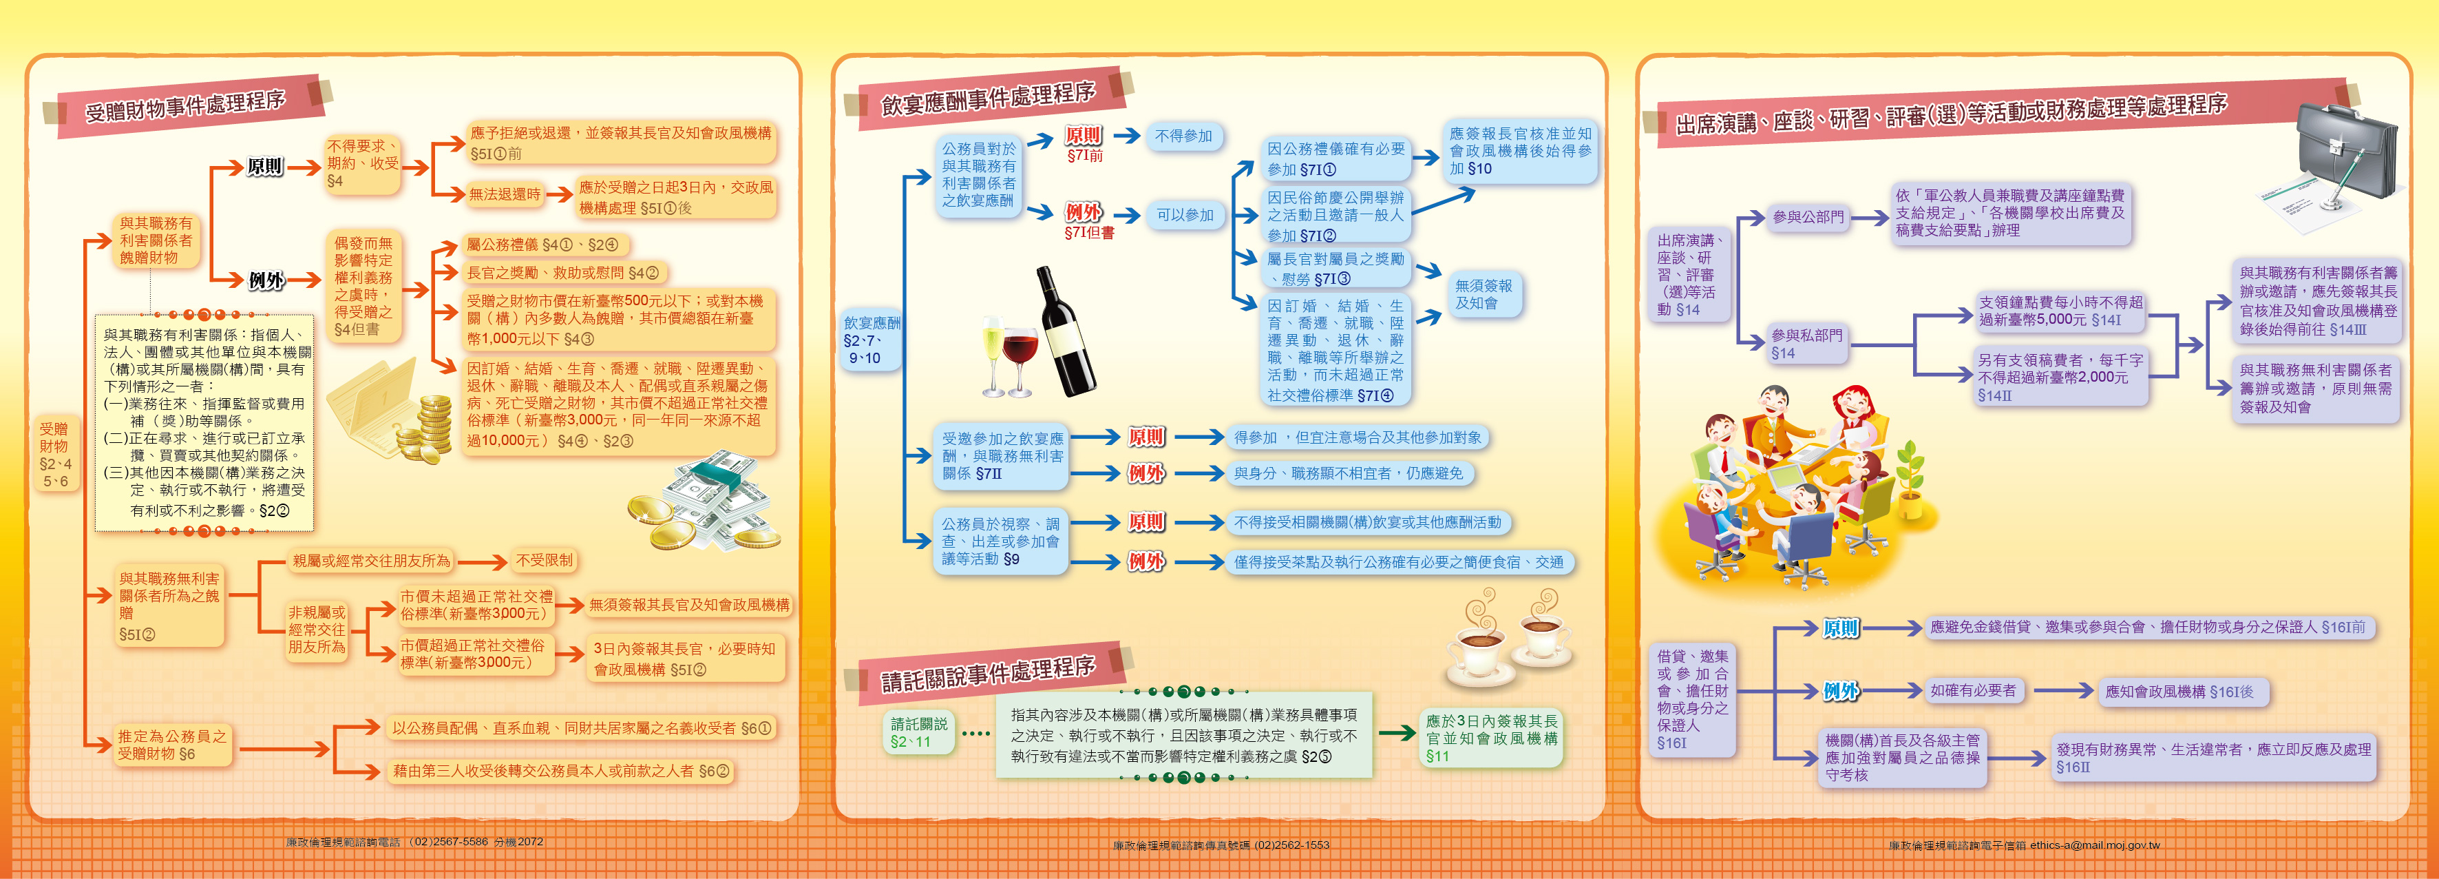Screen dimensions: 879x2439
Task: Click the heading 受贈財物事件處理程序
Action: pyautogui.click(x=186, y=107)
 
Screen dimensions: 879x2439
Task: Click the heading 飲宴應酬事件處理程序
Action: pyautogui.click(x=988, y=99)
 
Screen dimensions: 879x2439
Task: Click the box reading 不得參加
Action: pyautogui.click(x=1183, y=136)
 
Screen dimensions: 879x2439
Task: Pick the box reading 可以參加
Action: pyautogui.click(x=1185, y=216)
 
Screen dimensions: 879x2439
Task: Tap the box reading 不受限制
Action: pyautogui.click(x=543, y=561)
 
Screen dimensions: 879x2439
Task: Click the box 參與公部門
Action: pyautogui.click(x=1808, y=218)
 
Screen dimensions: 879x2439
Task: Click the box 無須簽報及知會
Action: pyautogui.click(x=1484, y=295)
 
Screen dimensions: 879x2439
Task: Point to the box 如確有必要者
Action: pyautogui.click(x=1973, y=690)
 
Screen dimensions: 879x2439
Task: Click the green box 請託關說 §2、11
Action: pyautogui.click(x=918, y=732)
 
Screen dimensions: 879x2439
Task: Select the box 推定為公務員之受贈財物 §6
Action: pyautogui.click(x=171, y=745)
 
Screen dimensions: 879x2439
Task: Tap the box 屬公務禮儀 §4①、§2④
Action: pyautogui.click(x=542, y=245)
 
